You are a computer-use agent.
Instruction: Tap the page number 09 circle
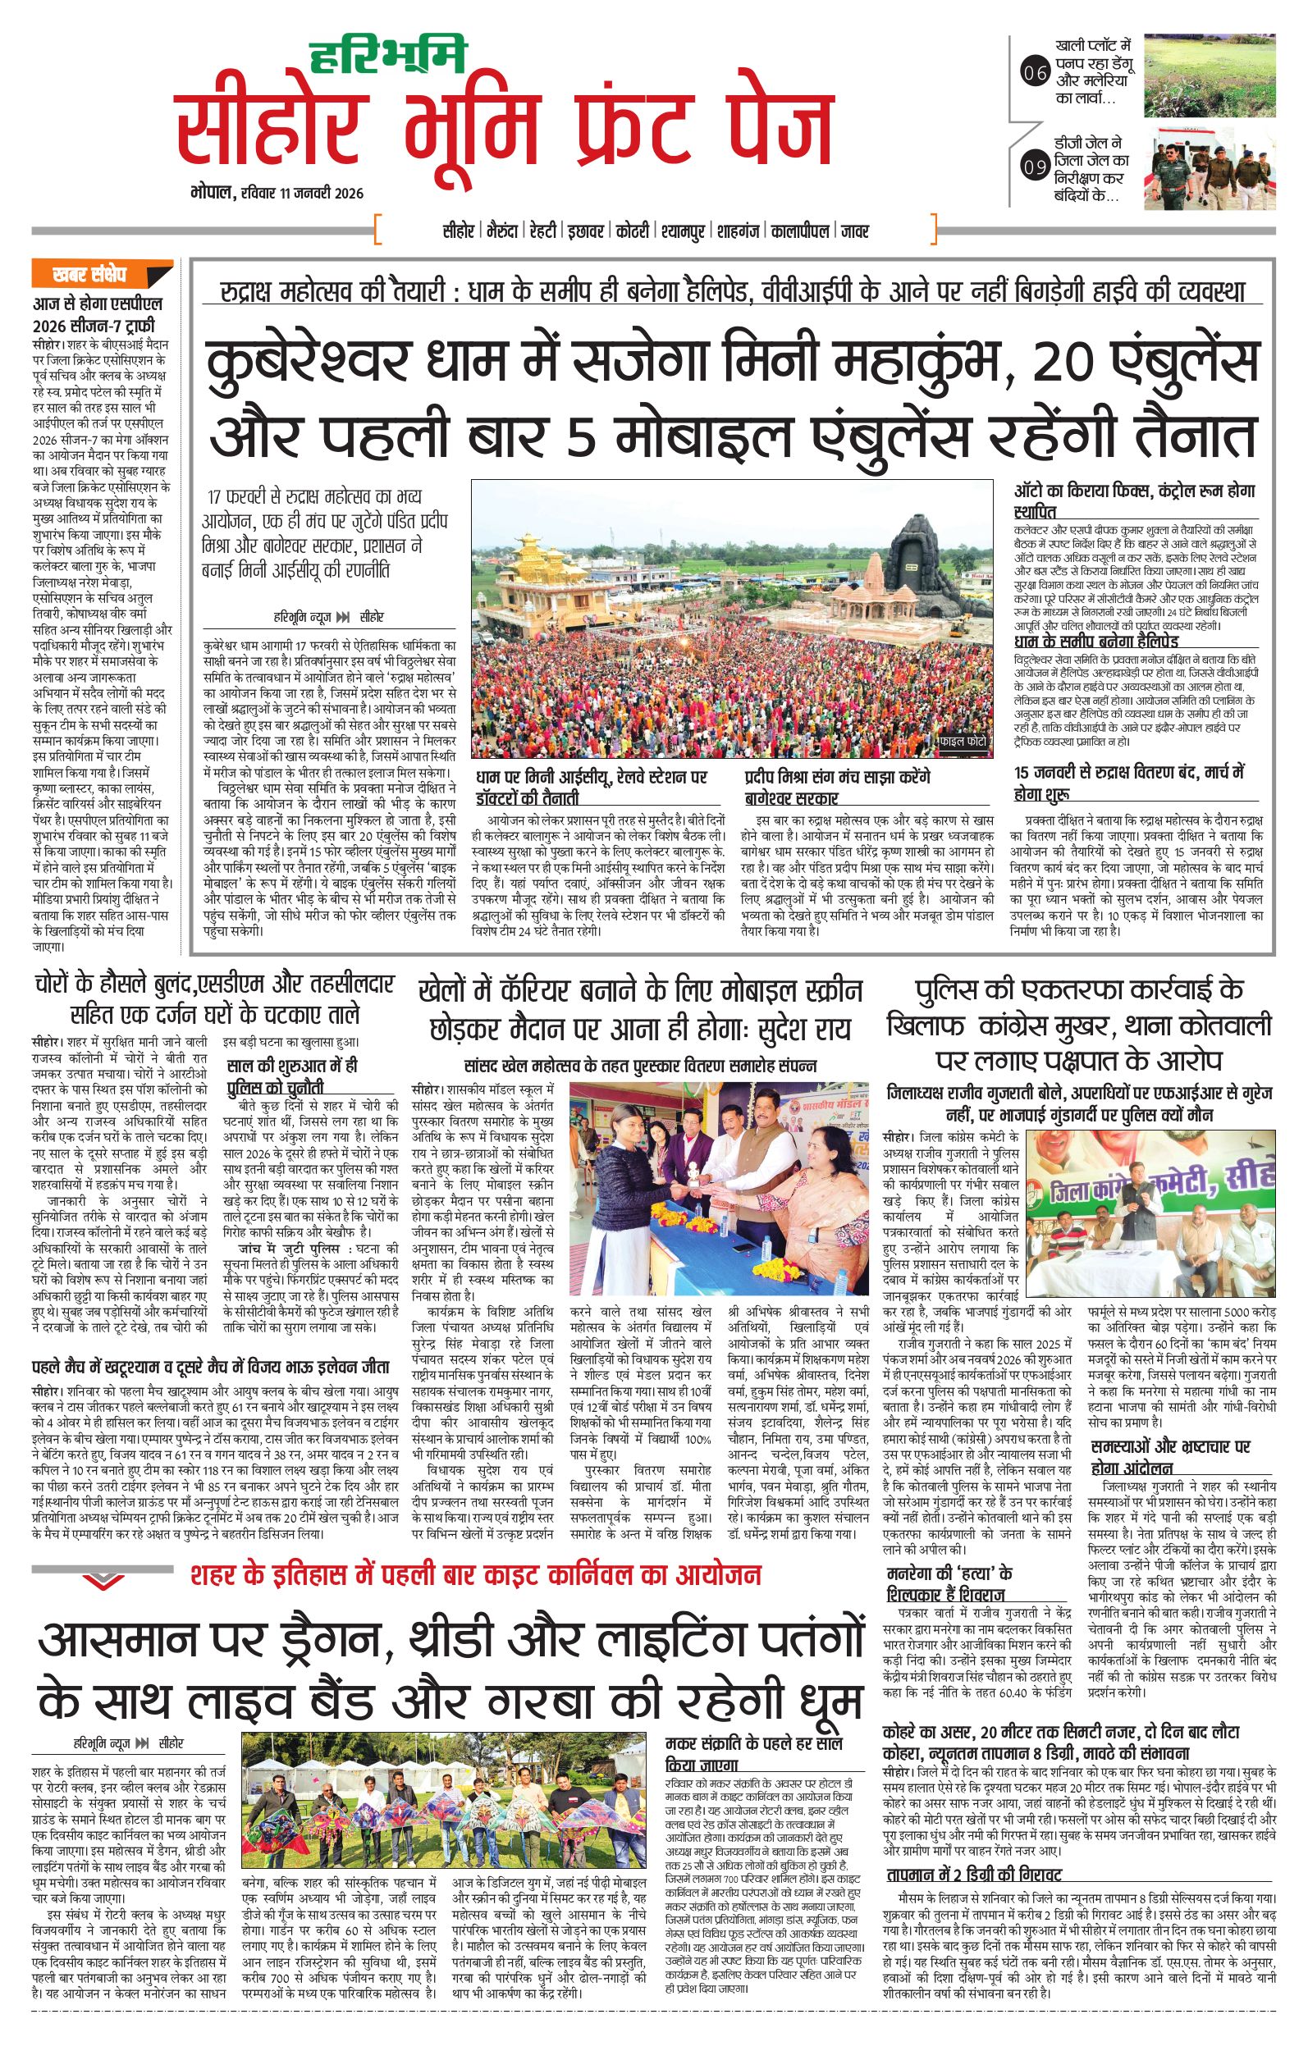1034,166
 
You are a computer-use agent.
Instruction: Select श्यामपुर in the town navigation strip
686,231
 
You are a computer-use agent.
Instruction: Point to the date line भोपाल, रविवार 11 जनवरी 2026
278,194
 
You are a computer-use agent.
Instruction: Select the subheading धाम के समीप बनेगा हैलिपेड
1095,641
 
